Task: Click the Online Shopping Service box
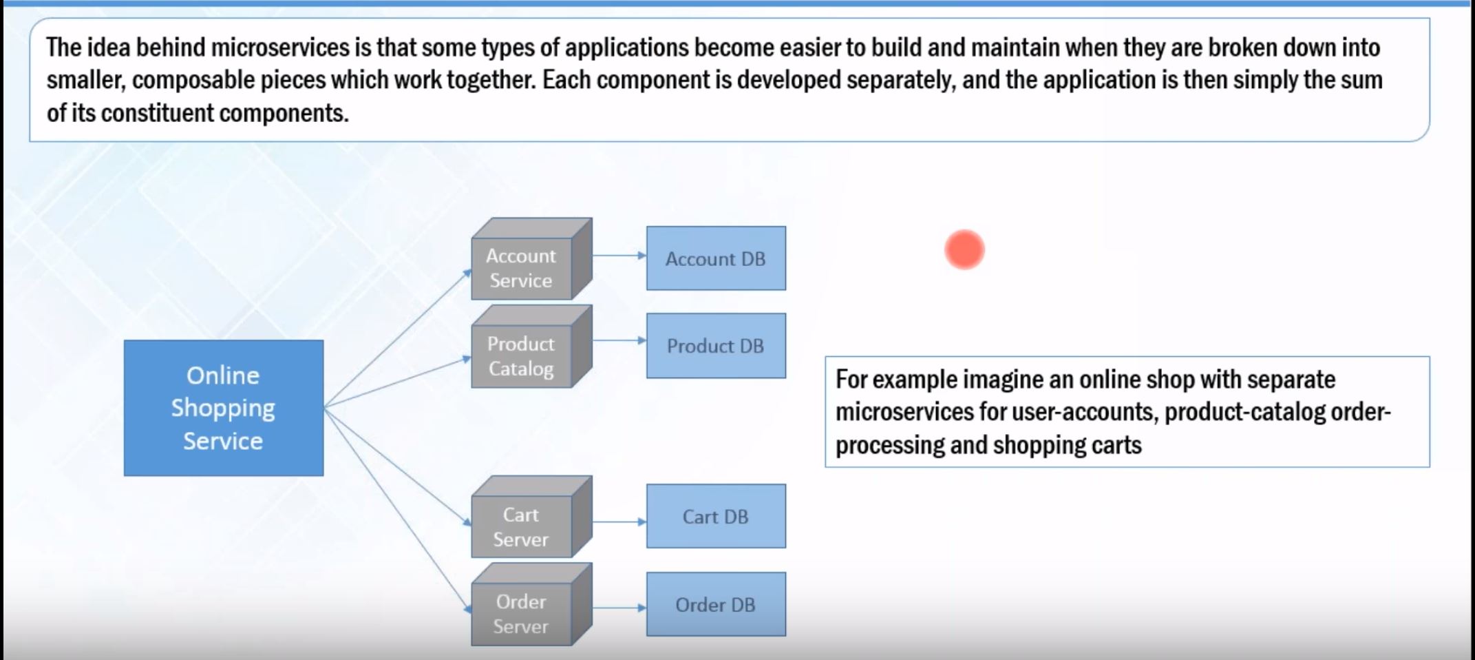pos(223,408)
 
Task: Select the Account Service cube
pos(522,268)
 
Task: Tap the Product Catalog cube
pos(522,356)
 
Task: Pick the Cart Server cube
pos(522,527)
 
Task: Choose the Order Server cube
pos(522,614)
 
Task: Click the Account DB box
pos(716,258)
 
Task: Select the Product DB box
pos(716,346)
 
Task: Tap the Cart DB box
pos(716,516)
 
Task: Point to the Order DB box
pos(716,604)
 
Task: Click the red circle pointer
pos(964,249)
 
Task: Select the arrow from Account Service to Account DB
pos(619,256)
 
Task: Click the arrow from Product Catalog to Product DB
pos(619,340)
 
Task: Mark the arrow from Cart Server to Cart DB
pos(619,522)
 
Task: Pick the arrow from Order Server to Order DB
pos(619,608)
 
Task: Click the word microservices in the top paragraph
pos(280,48)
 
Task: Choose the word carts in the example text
pos(1116,445)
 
